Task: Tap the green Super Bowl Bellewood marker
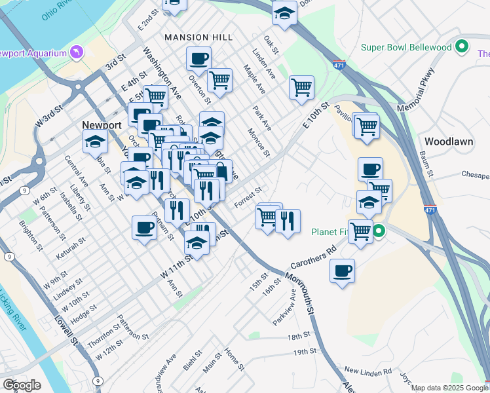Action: tap(462, 47)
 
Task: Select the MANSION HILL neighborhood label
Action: tap(198, 37)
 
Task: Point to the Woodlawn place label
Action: tap(448, 141)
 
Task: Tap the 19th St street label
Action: tap(305, 352)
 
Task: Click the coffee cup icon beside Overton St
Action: tap(198, 58)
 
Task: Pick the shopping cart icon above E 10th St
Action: tap(301, 87)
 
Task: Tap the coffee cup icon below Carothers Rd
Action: tap(342, 271)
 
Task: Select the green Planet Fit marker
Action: tap(379, 231)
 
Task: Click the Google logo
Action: tap(22, 385)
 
